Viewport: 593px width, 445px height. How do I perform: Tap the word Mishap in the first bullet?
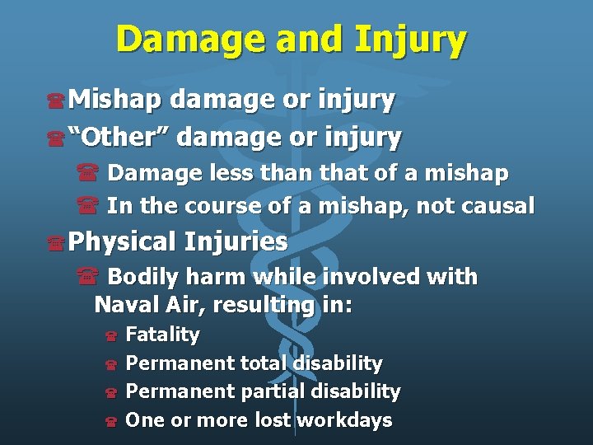point(115,100)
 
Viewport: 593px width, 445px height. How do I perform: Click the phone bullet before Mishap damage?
point(56,101)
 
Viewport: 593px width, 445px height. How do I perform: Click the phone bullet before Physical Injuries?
point(56,243)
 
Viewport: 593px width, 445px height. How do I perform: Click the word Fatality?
point(162,335)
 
